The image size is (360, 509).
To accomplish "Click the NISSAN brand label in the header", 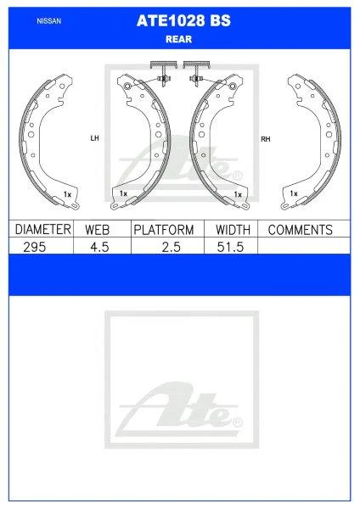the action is pos(49,21).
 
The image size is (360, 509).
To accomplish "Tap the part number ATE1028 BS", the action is pos(183,20).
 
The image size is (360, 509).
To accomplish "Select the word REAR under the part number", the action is pos(178,39).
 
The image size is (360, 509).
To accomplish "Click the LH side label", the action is pos(94,138).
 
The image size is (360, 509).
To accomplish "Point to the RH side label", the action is pos(266,139).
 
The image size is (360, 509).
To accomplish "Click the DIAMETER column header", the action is pos(43,229).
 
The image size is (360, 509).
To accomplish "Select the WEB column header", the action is pos(97,230).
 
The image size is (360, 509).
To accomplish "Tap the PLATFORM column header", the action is pos(164,230).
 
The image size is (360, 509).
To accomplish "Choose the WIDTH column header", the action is pos(233,230).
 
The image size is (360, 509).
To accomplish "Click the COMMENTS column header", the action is pos(301,230).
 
